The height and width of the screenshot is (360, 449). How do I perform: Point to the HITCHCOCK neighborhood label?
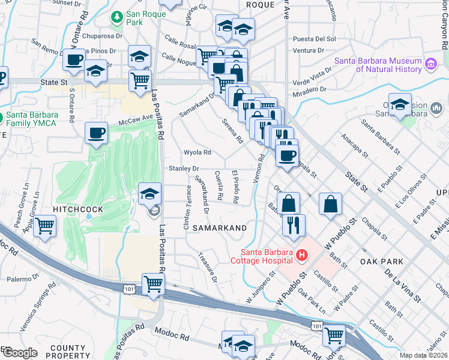[77, 209]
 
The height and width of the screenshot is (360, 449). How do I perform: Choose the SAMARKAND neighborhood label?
[220, 228]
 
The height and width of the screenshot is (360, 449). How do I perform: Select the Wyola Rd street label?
[197, 152]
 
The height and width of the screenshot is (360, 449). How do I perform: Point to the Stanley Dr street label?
[183, 169]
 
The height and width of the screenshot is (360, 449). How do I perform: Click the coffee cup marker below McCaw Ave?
[96, 133]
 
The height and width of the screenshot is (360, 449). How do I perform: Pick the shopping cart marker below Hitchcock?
[45, 227]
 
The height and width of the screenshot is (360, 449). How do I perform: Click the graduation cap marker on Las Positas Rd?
[149, 193]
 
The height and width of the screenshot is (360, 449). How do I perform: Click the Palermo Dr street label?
[23, 279]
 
